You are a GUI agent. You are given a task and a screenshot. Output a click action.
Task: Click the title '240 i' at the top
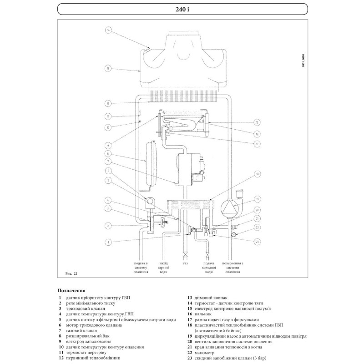coord(182,9)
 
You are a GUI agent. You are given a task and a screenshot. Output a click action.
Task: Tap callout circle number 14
coord(108,30)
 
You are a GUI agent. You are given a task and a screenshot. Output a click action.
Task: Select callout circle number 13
coord(108,69)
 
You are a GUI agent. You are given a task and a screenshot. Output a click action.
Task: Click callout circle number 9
coord(108,146)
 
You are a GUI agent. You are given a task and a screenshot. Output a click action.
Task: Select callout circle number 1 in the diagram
coord(108,242)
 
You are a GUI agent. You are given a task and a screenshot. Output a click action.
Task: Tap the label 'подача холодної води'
coord(209,268)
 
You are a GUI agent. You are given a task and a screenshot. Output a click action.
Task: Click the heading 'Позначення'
coord(71,290)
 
